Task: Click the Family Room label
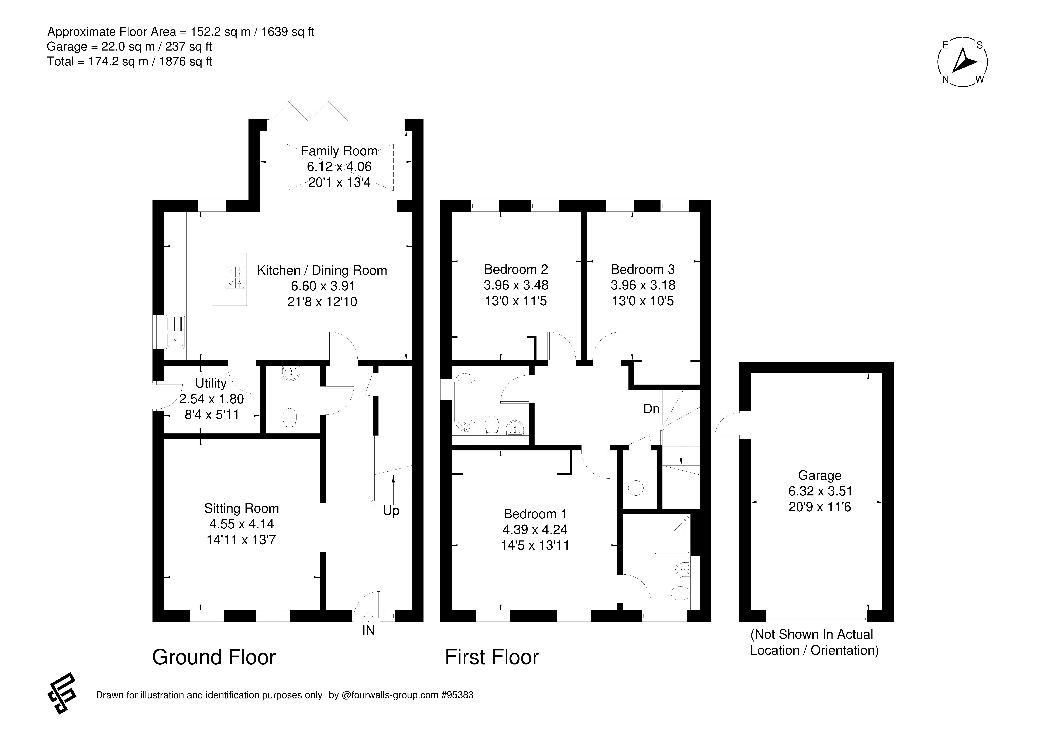(339, 151)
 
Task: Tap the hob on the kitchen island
(235, 278)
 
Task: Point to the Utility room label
(211, 383)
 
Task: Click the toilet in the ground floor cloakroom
(290, 418)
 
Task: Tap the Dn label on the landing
(651, 409)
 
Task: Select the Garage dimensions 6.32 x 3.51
(820, 491)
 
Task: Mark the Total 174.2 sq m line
(130, 62)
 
